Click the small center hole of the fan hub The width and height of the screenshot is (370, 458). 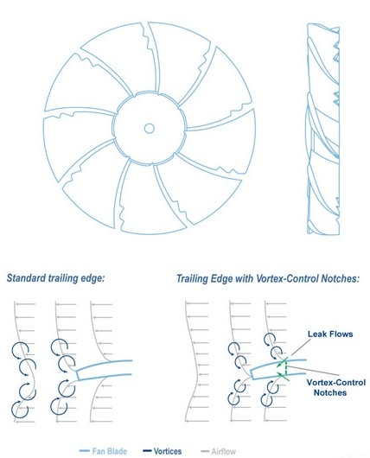(149, 128)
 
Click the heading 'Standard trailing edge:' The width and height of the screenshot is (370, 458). (55, 278)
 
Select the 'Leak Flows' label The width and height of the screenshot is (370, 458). (330, 334)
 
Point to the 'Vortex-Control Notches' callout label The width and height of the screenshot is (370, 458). (335, 387)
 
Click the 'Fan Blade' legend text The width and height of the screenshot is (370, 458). (109, 451)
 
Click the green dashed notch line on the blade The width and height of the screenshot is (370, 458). (286, 367)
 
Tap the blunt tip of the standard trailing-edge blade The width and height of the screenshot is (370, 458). (78, 375)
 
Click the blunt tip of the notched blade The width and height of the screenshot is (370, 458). (252, 374)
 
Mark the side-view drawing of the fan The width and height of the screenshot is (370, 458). (322, 129)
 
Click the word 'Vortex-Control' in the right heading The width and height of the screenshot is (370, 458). (287, 278)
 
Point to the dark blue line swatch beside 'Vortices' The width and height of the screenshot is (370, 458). (147, 451)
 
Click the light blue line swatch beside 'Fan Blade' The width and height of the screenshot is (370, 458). (85, 451)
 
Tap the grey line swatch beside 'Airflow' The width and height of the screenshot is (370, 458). (205, 451)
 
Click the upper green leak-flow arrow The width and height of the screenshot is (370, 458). (283, 362)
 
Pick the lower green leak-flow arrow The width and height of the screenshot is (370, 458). (284, 376)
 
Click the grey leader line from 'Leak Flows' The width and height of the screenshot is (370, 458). (301, 347)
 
